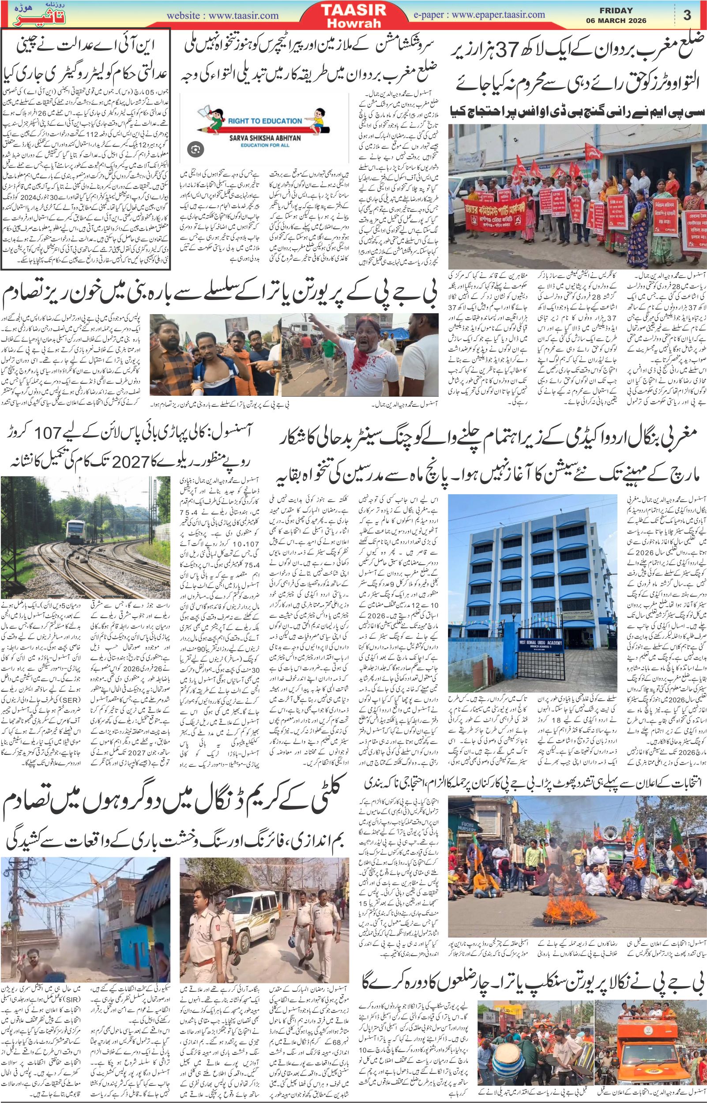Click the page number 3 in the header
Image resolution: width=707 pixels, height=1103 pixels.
[687, 15]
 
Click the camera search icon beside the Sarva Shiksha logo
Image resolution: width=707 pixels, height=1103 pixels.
[195, 149]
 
